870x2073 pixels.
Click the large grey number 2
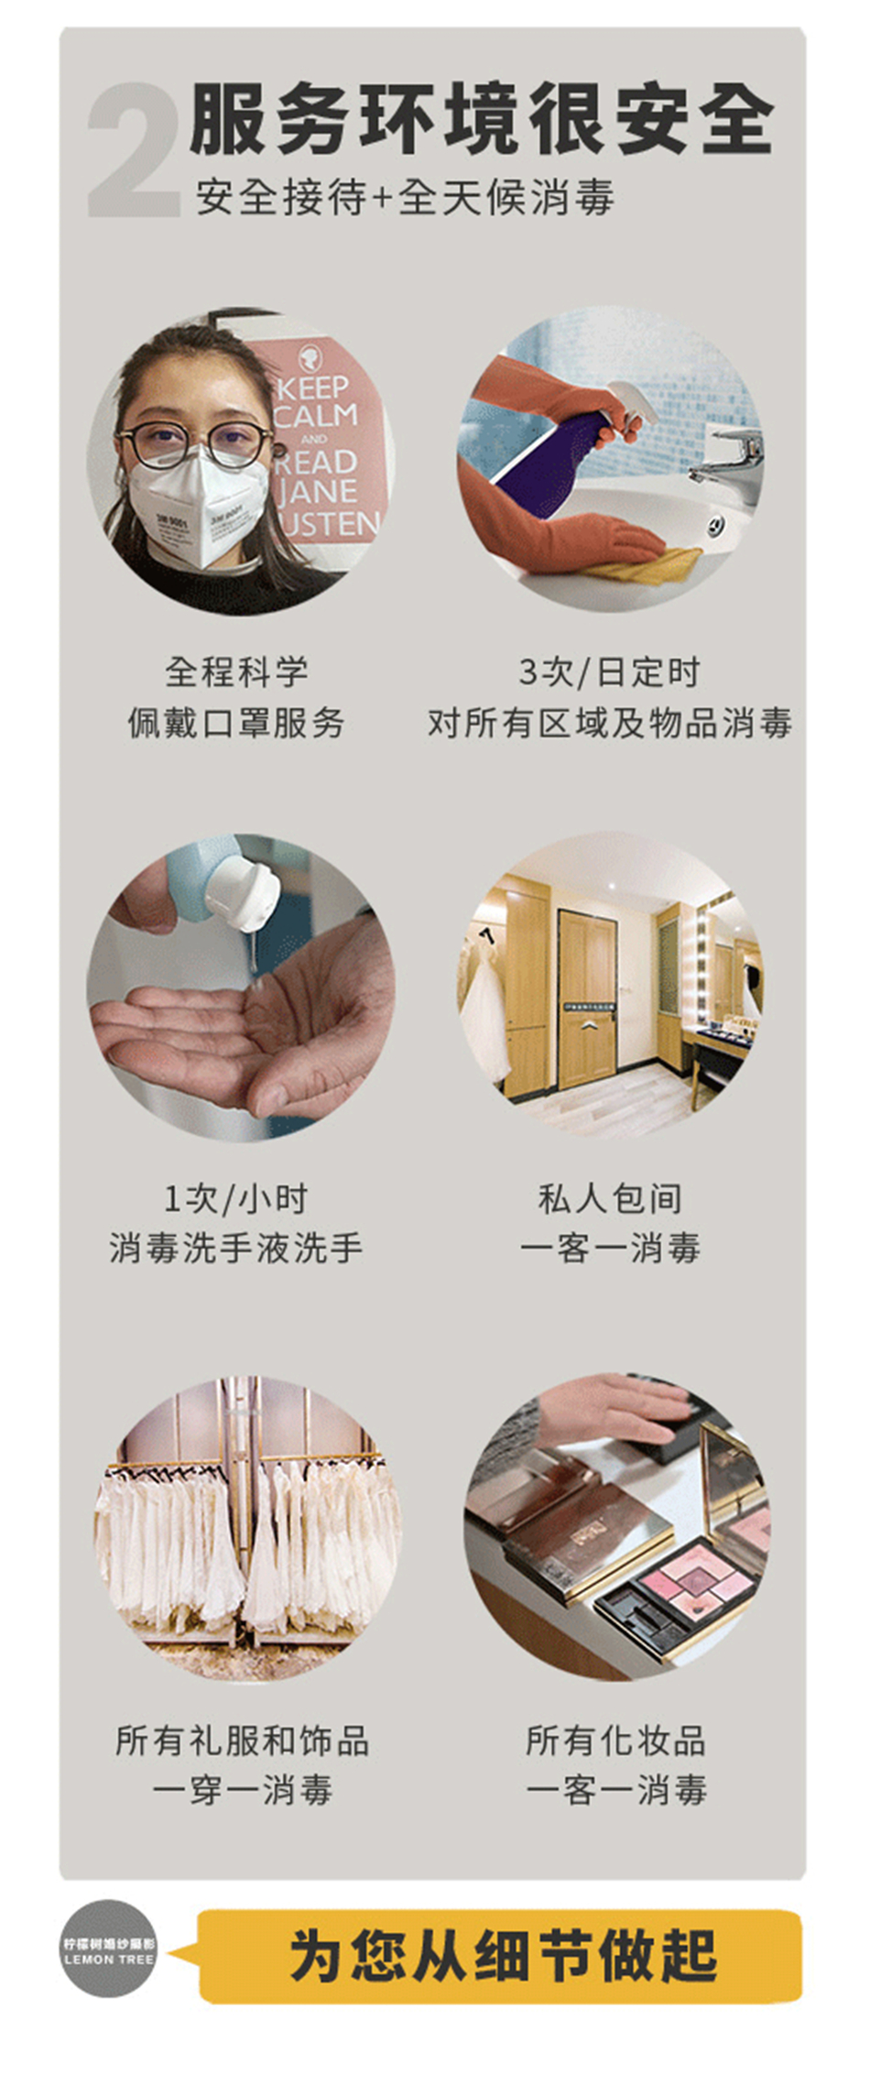tap(134, 149)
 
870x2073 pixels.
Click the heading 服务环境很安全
tap(482, 120)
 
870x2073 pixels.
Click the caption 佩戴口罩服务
tap(236, 723)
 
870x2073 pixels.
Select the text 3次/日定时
tap(609, 672)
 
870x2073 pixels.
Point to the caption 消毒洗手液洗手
tap(236, 1248)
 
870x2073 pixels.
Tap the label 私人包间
tap(610, 1198)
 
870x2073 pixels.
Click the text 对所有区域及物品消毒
tap(610, 723)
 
